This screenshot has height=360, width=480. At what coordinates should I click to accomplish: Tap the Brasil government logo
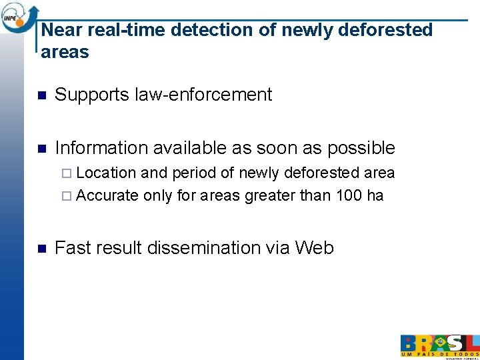pyautogui.click(x=439, y=345)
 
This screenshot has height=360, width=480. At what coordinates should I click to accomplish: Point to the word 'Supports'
pyautogui.click(x=92, y=95)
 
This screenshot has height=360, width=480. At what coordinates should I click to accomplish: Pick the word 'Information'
pyautogui.click(x=101, y=148)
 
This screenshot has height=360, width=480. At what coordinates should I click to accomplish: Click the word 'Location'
pyautogui.click(x=107, y=173)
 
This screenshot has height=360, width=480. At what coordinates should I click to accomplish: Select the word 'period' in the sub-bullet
pyautogui.click(x=194, y=173)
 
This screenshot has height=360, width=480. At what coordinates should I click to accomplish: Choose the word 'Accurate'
pyautogui.click(x=107, y=196)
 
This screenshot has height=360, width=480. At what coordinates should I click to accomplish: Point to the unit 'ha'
pyautogui.click(x=375, y=196)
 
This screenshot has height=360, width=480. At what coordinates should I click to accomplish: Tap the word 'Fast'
pyautogui.click(x=73, y=248)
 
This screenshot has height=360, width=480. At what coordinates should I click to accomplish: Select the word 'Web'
pyautogui.click(x=314, y=248)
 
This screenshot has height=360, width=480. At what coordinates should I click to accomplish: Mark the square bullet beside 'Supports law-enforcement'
pyautogui.click(x=41, y=95)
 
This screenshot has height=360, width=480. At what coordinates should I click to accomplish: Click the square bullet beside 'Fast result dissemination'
pyautogui.click(x=41, y=249)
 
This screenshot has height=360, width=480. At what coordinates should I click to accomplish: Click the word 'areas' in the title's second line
pyautogui.click(x=65, y=52)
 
